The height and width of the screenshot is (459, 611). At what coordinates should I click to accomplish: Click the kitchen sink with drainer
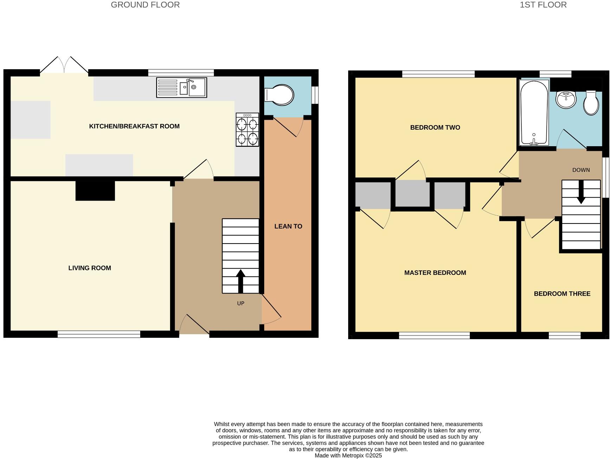click(x=181, y=88)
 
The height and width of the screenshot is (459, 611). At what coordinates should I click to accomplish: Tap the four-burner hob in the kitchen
click(x=247, y=130)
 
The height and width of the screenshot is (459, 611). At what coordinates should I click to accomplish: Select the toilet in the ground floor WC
click(x=280, y=95)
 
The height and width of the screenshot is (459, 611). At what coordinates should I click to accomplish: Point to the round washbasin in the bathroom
click(x=566, y=99)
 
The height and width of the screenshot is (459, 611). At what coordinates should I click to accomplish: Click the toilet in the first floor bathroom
click(x=591, y=103)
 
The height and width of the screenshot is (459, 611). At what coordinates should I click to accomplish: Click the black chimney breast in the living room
click(x=95, y=191)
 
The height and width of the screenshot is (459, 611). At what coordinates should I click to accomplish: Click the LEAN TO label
click(x=288, y=226)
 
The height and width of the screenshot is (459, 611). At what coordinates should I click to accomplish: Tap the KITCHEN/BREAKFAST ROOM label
click(x=134, y=126)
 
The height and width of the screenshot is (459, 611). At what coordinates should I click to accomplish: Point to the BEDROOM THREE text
click(x=562, y=294)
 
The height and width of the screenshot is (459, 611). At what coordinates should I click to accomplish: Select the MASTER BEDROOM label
click(x=435, y=273)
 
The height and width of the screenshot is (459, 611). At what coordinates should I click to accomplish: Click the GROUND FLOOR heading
click(x=145, y=5)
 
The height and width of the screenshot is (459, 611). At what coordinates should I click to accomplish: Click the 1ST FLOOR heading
click(x=543, y=5)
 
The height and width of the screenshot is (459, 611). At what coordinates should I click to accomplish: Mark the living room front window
click(x=99, y=334)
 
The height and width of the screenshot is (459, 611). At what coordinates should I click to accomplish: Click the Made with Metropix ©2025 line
click(x=348, y=455)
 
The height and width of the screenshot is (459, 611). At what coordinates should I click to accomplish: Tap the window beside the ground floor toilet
click(x=315, y=95)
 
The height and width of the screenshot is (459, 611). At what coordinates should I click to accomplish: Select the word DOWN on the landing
click(x=581, y=170)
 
